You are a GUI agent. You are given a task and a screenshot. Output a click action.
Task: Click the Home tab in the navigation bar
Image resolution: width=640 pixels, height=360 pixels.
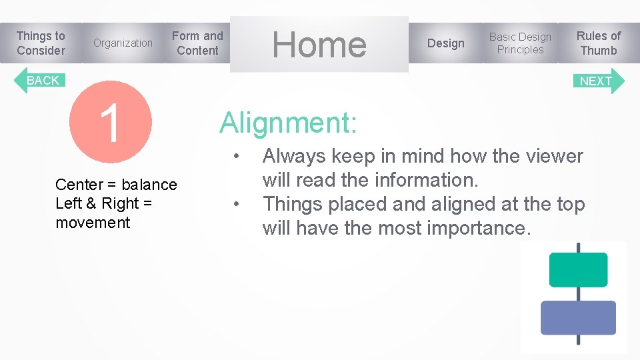tap(319, 45)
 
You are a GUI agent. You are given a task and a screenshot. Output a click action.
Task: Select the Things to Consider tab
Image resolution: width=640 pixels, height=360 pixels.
tap(41, 43)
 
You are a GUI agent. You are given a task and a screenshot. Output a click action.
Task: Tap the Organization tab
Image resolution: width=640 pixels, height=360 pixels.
tap(123, 43)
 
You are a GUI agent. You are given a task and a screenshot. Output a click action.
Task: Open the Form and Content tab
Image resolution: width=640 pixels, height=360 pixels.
tap(197, 43)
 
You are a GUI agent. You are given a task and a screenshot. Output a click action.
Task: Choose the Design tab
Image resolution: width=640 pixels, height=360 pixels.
tap(445, 43)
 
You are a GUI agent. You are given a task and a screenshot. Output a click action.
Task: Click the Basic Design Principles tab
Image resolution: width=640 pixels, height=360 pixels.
tap(520, 43)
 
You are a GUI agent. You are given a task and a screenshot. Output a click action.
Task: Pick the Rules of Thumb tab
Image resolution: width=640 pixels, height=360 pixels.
tap(598, 43)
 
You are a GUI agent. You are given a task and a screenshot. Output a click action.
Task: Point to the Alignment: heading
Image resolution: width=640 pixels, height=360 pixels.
tap(288, 123)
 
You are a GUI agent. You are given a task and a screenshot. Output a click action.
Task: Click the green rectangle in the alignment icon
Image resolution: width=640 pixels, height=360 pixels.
tap(578, 270)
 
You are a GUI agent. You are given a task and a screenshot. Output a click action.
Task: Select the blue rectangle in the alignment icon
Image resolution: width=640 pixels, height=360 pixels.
tap(578, 317)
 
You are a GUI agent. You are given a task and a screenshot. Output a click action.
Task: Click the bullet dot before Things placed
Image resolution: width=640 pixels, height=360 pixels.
tap(237, 205)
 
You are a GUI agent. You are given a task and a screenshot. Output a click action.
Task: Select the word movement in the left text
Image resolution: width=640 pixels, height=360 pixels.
tap(93, 223)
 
